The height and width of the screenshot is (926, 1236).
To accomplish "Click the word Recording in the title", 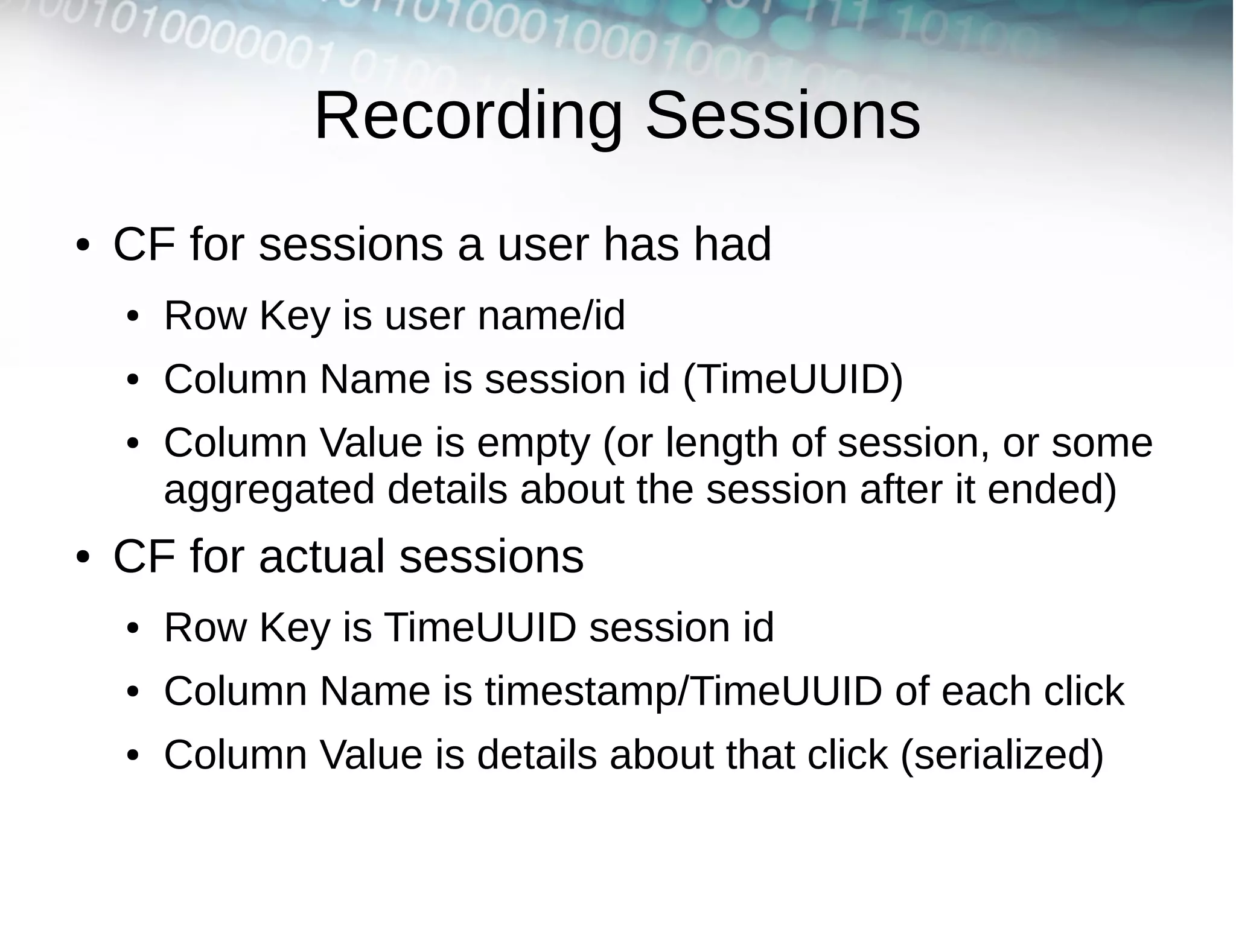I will (x=468, y=116).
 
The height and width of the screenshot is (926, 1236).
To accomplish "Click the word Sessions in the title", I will (x=783, y=116).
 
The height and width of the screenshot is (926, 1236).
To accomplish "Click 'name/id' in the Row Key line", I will (x=551, y=316).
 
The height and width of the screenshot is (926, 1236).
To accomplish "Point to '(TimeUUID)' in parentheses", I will (x=792, y=379).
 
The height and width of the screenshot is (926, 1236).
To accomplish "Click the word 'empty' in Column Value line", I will (x=533, y=444).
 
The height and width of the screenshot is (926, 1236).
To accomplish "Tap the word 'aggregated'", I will (x=269, y=490).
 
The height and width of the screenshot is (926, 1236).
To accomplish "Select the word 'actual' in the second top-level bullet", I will (x=322, y=556).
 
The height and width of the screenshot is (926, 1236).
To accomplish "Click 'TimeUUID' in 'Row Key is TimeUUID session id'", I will (x=480, y=627).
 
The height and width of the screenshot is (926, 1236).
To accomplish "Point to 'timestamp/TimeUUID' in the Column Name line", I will (x=683, y=691).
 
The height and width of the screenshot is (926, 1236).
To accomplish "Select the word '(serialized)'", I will (x=1001, y=755).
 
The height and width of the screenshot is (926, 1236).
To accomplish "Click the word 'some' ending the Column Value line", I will (x=1102, y=443).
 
